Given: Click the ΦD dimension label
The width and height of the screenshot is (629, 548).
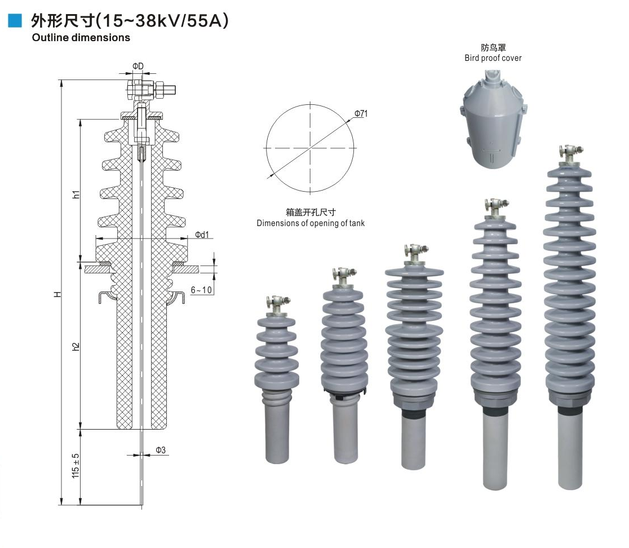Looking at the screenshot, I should (138, 67).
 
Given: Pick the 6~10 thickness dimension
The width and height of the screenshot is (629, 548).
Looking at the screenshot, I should (201, 290).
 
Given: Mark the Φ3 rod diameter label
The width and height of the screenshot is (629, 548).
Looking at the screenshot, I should (161, 450).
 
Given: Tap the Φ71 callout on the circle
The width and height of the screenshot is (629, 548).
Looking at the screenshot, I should (361, 114).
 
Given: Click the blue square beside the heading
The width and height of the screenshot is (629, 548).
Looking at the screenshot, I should (15, 21).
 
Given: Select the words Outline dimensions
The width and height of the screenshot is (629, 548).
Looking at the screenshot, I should (81, 38).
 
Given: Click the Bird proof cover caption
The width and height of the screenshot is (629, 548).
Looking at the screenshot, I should (493, 58).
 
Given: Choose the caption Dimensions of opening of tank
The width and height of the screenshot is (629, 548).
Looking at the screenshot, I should (311, 223).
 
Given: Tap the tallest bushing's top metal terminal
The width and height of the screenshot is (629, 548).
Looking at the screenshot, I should (569, 153).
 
